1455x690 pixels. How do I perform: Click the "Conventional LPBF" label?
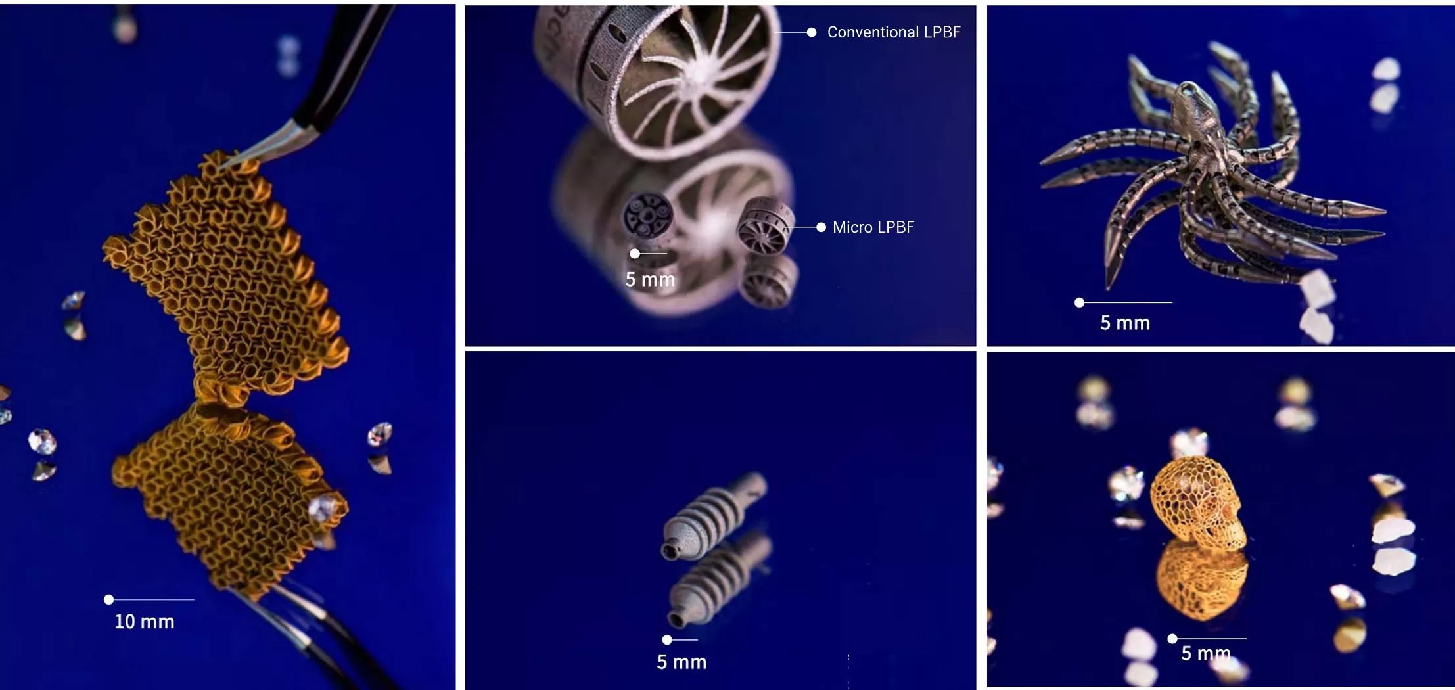pyautogui.click(x=894, y=32)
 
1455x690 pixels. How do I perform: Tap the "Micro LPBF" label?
pyautogui.click(x=873, y=227)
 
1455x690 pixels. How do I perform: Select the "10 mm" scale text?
pyautogui.click(x=145, y=622)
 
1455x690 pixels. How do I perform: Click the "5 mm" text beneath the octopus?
pyautogui.click(x=1125, y=323)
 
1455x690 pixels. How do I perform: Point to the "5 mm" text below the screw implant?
pyautogui.click(x=681, y=662)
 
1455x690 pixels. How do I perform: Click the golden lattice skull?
pyautogui.click(x=1199, y=502)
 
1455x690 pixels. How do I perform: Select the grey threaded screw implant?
pyautogui.click(x=713, y=516)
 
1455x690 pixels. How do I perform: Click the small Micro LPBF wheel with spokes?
pyautogui.click(x=765, y=225)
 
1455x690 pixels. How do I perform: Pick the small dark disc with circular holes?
pyautogui.click(x=648, y=214)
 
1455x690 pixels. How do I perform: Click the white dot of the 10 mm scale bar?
pyautogui.click(x=109, y=599)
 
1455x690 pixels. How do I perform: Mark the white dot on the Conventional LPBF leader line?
pyautogui.click(x=812, y=32)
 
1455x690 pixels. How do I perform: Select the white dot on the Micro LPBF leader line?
pyautogui.click(x=821, y=227)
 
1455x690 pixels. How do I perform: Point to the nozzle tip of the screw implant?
pyautogui.click(x=669, y=551)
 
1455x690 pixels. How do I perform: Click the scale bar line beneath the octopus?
pyautogui.click(x=1126, y=302)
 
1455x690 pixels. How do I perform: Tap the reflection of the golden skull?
pyautogui.click(x=1201, y=582)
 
